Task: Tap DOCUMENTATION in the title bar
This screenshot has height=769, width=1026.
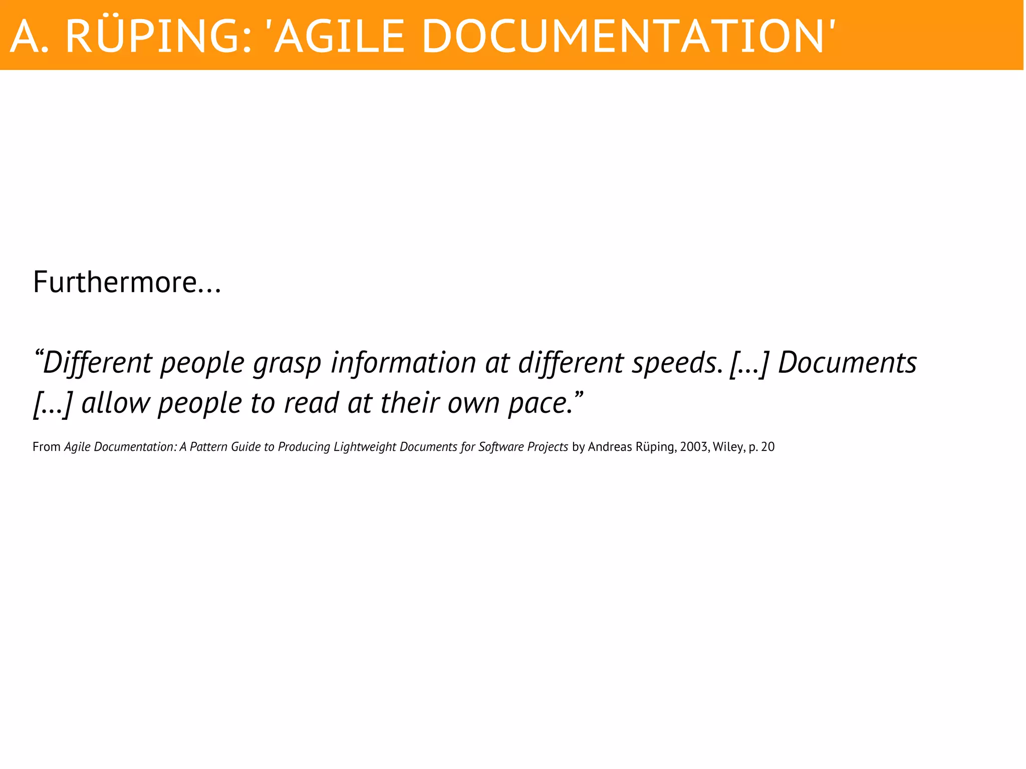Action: [x=622, y=36]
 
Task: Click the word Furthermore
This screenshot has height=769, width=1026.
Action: [x=115, y=282]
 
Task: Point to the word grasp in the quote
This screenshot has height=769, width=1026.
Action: [x=287, y=363]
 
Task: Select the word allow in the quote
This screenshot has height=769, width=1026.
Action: [x=115, y=403]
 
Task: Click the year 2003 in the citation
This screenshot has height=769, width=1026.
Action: [x=693, y=447]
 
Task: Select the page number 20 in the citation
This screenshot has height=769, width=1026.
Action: [x=767, y=447]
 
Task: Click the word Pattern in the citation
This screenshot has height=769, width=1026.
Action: [x=208, y=447]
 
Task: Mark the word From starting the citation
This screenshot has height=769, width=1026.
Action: [x=47, y=447]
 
